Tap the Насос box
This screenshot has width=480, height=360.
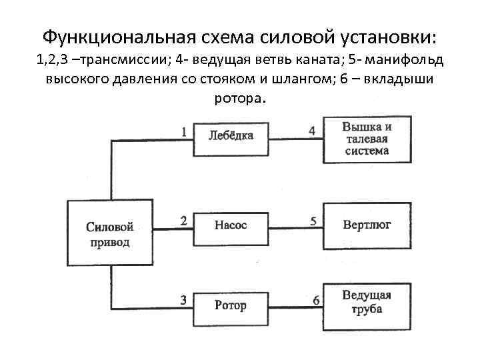coord(231,225)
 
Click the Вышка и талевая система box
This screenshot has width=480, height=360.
coord(367,139)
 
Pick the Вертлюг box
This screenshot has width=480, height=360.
coord(367,225)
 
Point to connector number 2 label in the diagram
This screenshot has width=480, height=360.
coord(183,219)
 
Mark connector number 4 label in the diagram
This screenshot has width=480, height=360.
coord(312,130)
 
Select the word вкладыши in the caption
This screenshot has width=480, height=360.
coord(399,80)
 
